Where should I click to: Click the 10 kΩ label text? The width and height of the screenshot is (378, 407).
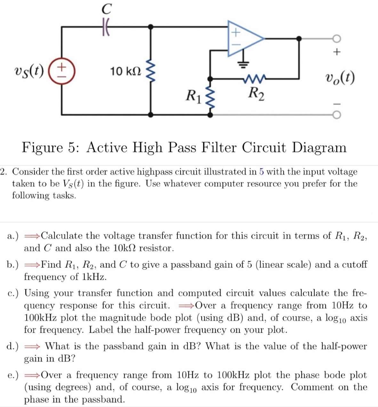pyautogui.click(x=125, y=71)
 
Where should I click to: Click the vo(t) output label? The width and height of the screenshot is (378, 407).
pyautogui.click(x=340, y=78)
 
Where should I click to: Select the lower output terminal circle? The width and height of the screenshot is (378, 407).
pyautogui.click(x=336, y=114)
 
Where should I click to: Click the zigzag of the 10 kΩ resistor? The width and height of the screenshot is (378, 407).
pyautogui.click(x=151, y=71)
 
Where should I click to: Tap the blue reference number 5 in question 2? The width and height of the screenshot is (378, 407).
pyautogui.click(x=262, y=172)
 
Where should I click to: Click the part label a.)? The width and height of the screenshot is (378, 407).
pyautogui.click(x=13, y=236)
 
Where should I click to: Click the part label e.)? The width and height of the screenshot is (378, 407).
pyautogui.click(x=13, y=375)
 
